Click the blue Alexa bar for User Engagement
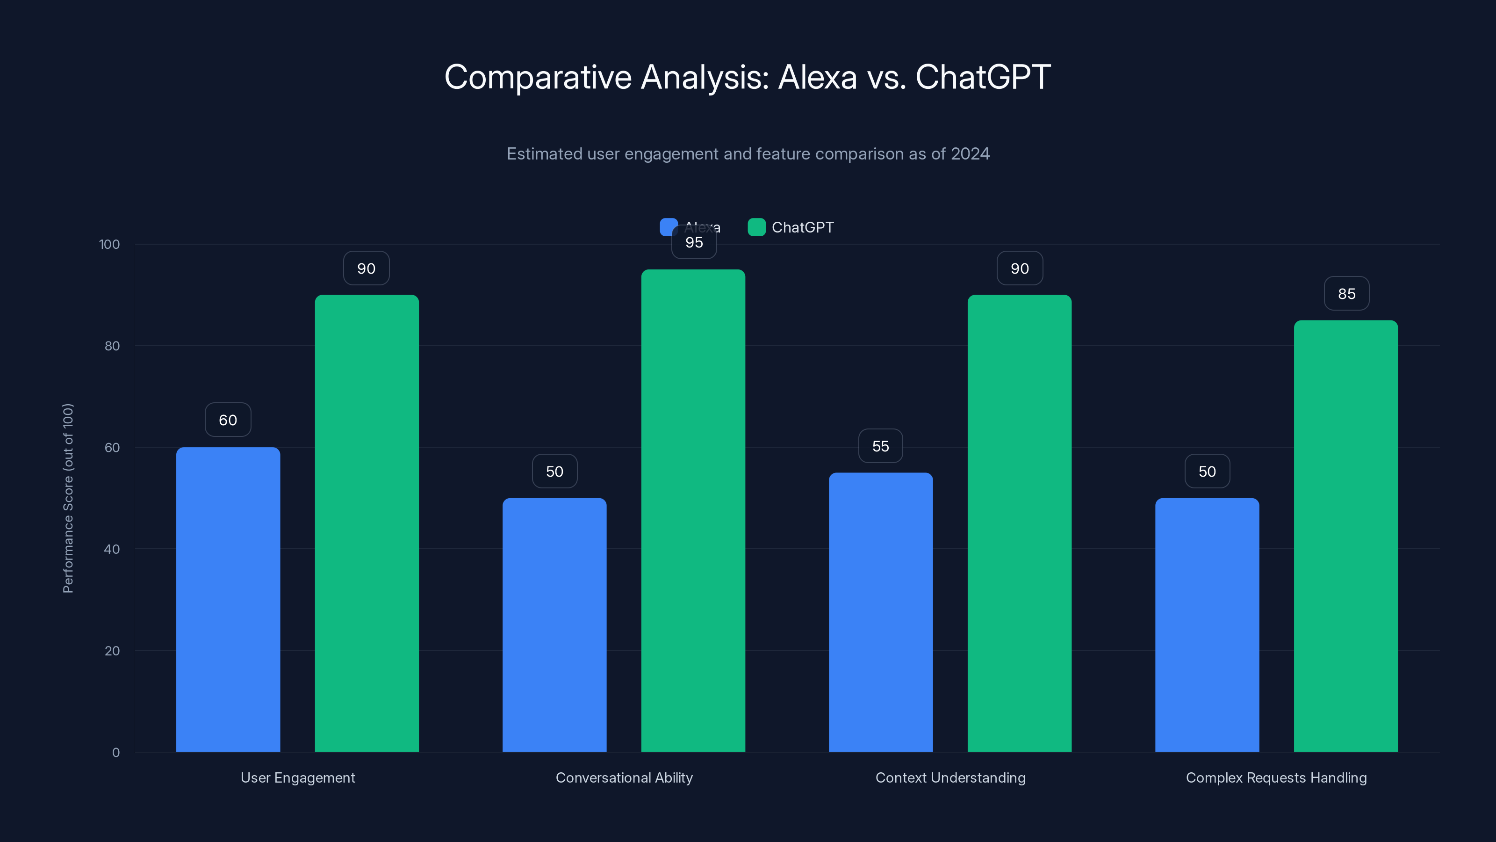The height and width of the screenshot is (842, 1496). pos(228,599)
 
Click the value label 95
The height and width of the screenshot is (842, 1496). pos(694,242)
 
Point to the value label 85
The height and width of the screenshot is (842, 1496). pos(1346,293)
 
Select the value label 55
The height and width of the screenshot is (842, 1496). pos(880,446)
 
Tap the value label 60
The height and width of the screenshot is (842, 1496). pos(228,420)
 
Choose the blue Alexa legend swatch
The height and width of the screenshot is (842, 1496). pos(669,227)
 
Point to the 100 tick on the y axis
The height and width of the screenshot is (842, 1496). pos(109,244)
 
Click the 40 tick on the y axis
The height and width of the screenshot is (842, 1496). pos(112,549)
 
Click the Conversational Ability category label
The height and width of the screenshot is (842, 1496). pos(624,777)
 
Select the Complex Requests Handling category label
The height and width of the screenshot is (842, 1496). pos(1276,777)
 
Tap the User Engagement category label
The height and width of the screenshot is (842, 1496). pos(297,777)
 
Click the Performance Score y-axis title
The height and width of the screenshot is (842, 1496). pos(68,498)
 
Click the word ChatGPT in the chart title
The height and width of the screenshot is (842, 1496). pos(983,77)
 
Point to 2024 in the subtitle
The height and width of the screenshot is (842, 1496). pos(970,153)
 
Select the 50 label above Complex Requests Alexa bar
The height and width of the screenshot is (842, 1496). pos(1207,471)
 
